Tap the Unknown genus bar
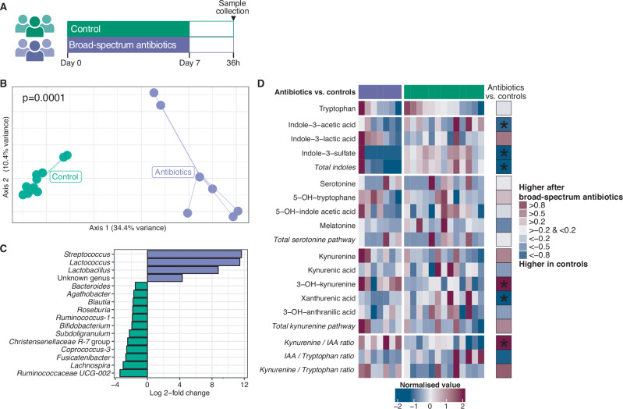click(165, 278)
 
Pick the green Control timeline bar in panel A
click(128, 29)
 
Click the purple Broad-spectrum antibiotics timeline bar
click(128, 45)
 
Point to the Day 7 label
click(189, 63)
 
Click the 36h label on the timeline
click(233, 63)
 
